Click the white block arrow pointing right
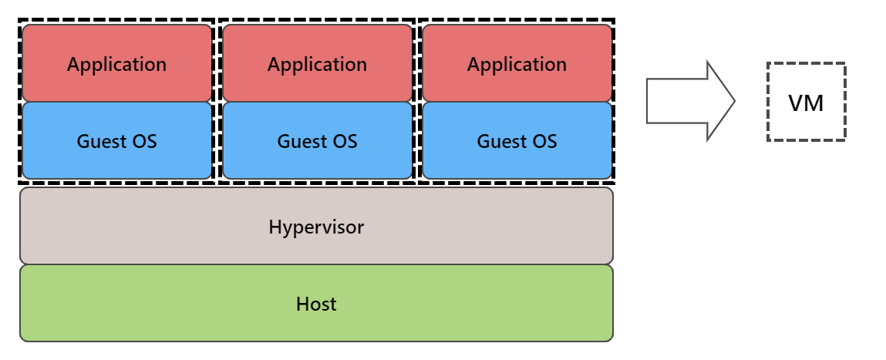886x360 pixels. pyautogui.click(x=682, y=101)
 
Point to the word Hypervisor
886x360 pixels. pyautogui.click(x=316, y=227)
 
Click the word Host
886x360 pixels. pyautogui.click(x=316, y=304)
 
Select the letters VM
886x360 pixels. pyautogui.click(x=806, y=102)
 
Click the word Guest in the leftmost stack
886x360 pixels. pyautogui.click(x=99, y=142)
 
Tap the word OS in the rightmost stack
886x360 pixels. pyautogui.click(x=543, y=142)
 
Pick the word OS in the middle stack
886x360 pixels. pyautogui.click(x=343, y=142)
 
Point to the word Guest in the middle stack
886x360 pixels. pyautogui.click(x=299, y=142)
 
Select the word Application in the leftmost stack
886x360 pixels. pyautogui.click(x=116, y=64)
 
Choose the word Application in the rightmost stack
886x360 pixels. pyautogui.click(x=517, y=64)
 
